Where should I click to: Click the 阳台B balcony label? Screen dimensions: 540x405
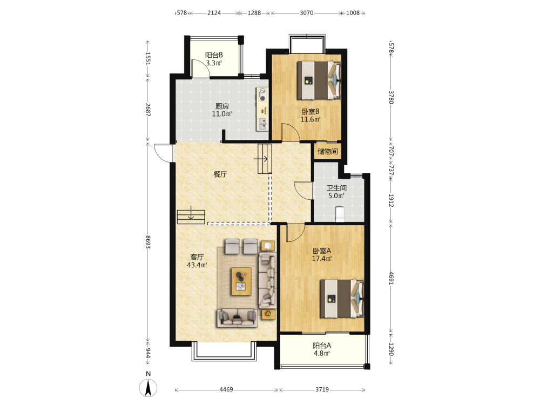[x=214, y=55]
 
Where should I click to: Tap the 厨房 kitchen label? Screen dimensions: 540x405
[x=222, y=106]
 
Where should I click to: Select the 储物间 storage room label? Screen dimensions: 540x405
[x=328, y=151]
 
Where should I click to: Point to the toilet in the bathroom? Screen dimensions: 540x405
[x=340, y=214]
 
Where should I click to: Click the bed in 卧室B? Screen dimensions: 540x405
[x=319, y=80]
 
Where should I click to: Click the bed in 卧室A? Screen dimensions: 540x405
[x=342, y=298]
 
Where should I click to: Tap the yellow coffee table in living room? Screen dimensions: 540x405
[x=241, y=281]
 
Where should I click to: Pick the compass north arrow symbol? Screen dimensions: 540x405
[x=148, y=388]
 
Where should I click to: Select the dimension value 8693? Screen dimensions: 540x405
[x=148, y=242]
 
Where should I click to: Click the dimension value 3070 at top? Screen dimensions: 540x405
[x=307, y=13]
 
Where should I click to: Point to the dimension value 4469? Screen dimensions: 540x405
[x=226, y=389]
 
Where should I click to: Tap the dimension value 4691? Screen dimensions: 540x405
[x=391, y=278]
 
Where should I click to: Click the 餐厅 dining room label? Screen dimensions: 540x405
[x=220, y=174]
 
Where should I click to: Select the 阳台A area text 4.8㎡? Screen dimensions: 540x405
[x=322, y=353]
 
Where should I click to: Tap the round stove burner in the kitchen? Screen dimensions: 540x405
[x=263, y=98]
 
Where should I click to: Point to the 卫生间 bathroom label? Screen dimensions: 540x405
[x=336, y=188]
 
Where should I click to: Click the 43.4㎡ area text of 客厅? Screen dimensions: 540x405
[x=197, y=265]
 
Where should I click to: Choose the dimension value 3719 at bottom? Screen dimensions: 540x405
[x=322, y=389]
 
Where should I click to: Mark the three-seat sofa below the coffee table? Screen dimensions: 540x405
[x=237, y=318]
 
